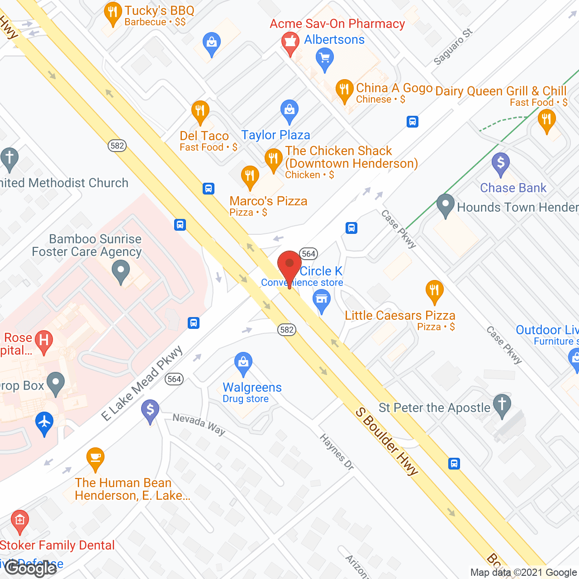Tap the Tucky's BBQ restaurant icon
pyautogui.click(x=112, y=13)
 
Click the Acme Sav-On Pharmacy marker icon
pyautogui.click(x=290, y=42)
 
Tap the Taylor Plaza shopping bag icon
pyautogui.click(x=289, y=110)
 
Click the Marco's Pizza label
pyautogui.click(x=268, y=201)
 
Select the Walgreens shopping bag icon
pyautogui.click(x=243, y=363)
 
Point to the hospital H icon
pyautogui.click(x=44, y=339)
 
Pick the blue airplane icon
pyautogui.click(x=44, y=422)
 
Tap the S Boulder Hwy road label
pyautogui.click(x=387, y=441)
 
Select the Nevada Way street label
pyautogui.click(x=199, y=424)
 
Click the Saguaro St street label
pyautogui.click(x=453, y=47)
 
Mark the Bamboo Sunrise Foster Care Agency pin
pyautogui.click(x=120, y=273)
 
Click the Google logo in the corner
pyautogui.click(x=31, y=568)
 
